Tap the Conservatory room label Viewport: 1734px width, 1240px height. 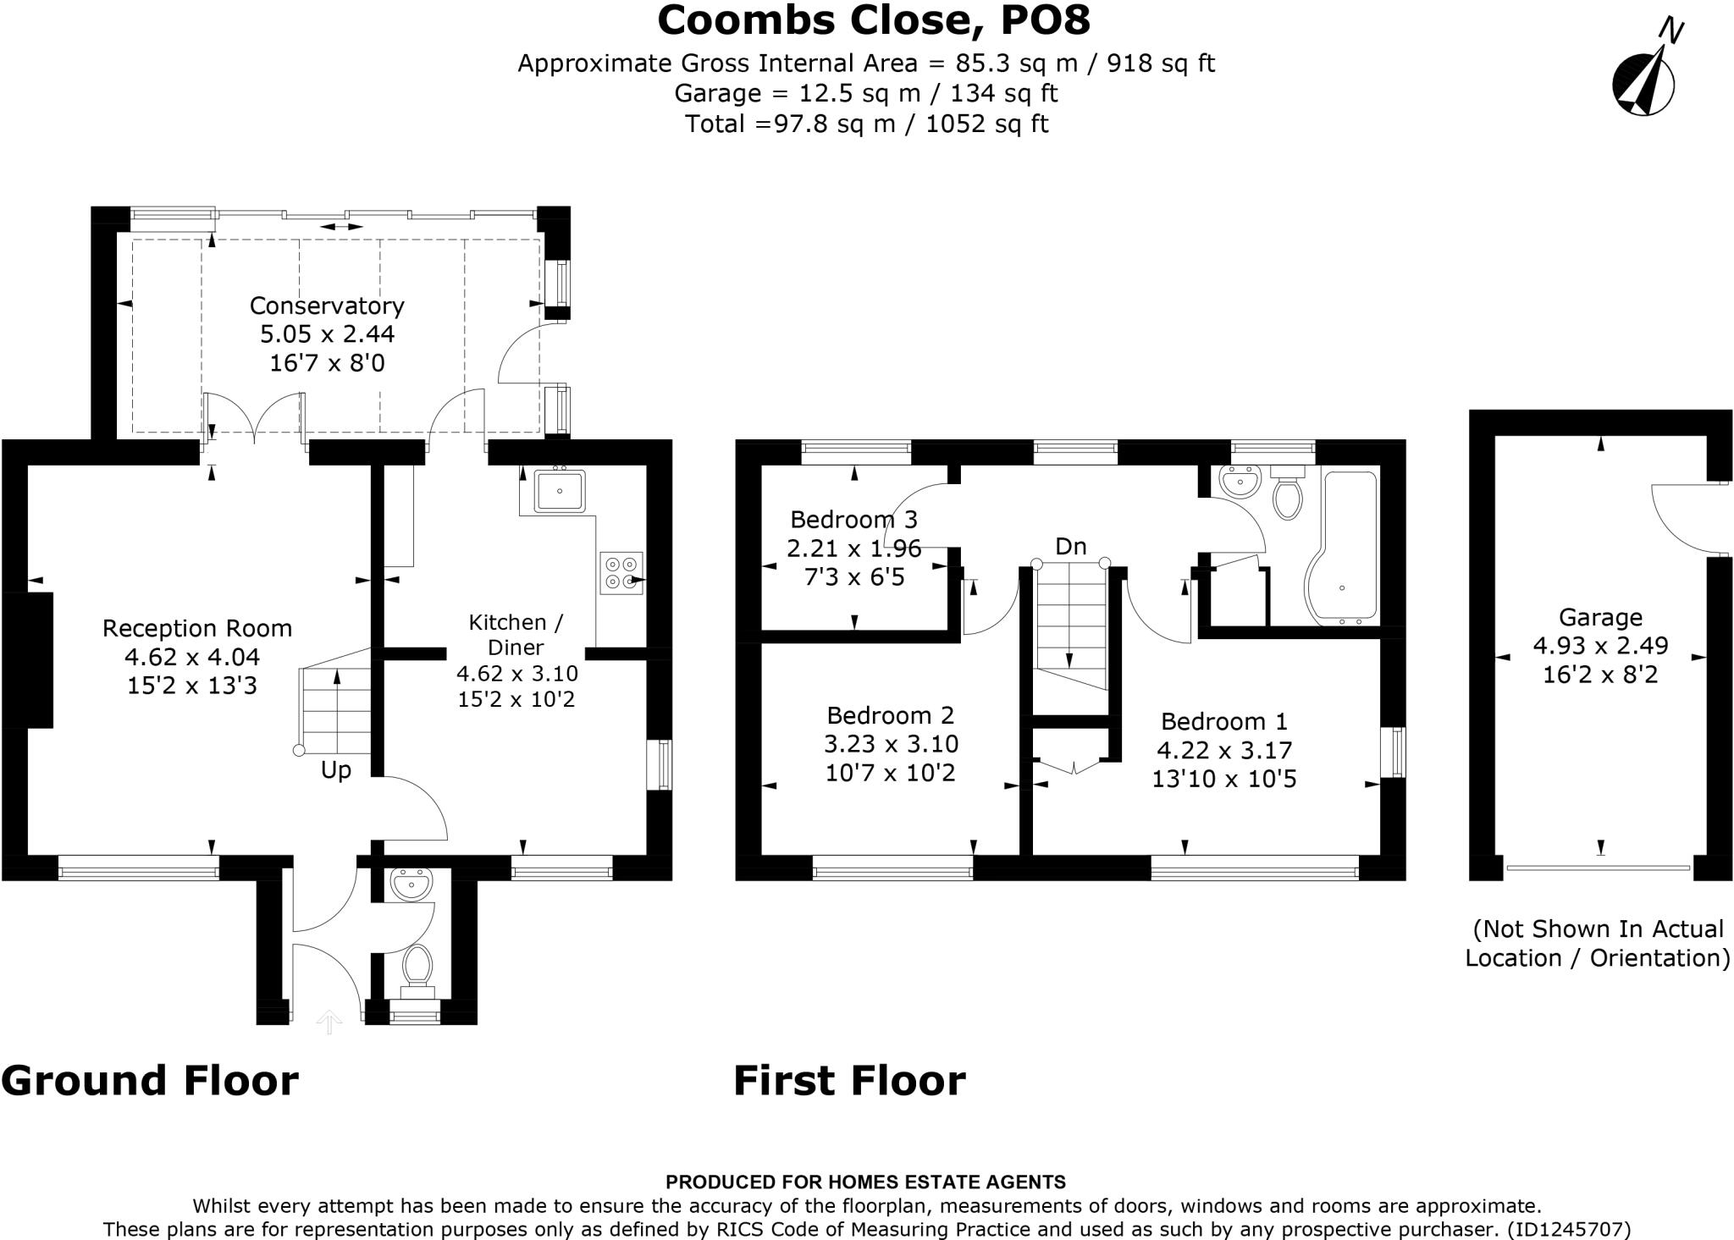click(327, 306)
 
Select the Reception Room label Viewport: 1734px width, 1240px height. click(197, 628)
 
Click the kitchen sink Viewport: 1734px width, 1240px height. click(560, 491)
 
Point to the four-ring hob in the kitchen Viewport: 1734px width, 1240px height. click(621, 573)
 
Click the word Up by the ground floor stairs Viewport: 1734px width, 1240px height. click(336, 771)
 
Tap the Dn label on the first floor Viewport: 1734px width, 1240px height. click(1071, 546)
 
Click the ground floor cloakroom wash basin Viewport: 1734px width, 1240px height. click(412, 885)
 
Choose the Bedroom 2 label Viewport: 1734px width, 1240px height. click(891, 715)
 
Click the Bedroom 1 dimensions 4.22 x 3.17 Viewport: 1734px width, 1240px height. click(1224, 750)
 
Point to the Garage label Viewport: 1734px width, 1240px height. click(1600, 617)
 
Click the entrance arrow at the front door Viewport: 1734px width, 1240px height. click(329, 1022)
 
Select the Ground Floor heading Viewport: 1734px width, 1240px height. click(150, 1081)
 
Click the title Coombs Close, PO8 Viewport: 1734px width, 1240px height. click(874, 20)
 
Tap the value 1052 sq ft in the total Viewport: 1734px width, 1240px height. click(987, 124)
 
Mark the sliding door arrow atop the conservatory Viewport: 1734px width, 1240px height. click(342, 227)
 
